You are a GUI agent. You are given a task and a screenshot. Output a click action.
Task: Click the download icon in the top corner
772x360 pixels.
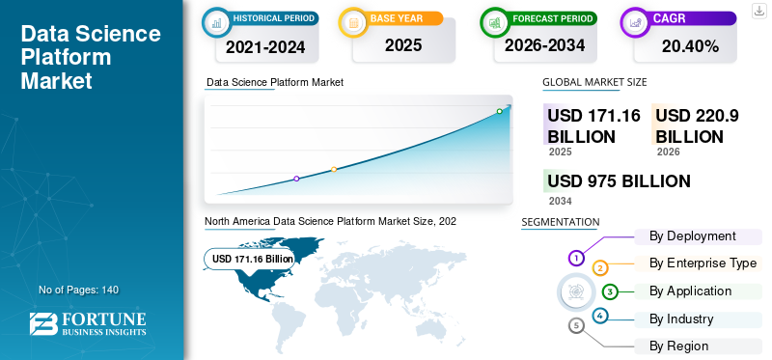[758, 10]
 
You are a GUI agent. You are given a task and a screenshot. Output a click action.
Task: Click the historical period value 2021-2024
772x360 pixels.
[264, 45]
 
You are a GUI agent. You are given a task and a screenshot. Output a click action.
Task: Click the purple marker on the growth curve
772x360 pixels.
[296, 179]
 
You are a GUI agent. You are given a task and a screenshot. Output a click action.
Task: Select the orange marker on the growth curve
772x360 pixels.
[334, 170]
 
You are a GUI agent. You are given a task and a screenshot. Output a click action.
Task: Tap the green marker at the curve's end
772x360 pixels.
[500, 111]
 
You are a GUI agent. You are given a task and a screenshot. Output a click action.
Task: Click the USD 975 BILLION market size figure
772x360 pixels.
[619, 181]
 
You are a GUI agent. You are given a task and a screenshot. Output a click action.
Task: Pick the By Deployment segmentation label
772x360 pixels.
[693, 236]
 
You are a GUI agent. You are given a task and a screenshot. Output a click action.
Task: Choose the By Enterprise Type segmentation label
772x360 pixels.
[703, 263]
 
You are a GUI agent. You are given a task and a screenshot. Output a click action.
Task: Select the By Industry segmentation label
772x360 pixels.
[681, 319]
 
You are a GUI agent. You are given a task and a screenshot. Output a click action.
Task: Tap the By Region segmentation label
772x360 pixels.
[678, 346]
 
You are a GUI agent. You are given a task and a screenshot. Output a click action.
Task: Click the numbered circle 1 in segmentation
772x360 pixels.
[576, 258]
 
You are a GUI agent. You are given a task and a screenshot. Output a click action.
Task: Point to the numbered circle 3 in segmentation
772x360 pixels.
[609, 291]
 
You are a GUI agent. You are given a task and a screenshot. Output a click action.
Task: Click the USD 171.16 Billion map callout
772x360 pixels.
[253, 259]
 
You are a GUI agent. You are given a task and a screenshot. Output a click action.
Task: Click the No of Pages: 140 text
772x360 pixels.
[78, 290]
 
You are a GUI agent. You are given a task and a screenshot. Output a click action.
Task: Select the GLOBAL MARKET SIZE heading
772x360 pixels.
[594, 83]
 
